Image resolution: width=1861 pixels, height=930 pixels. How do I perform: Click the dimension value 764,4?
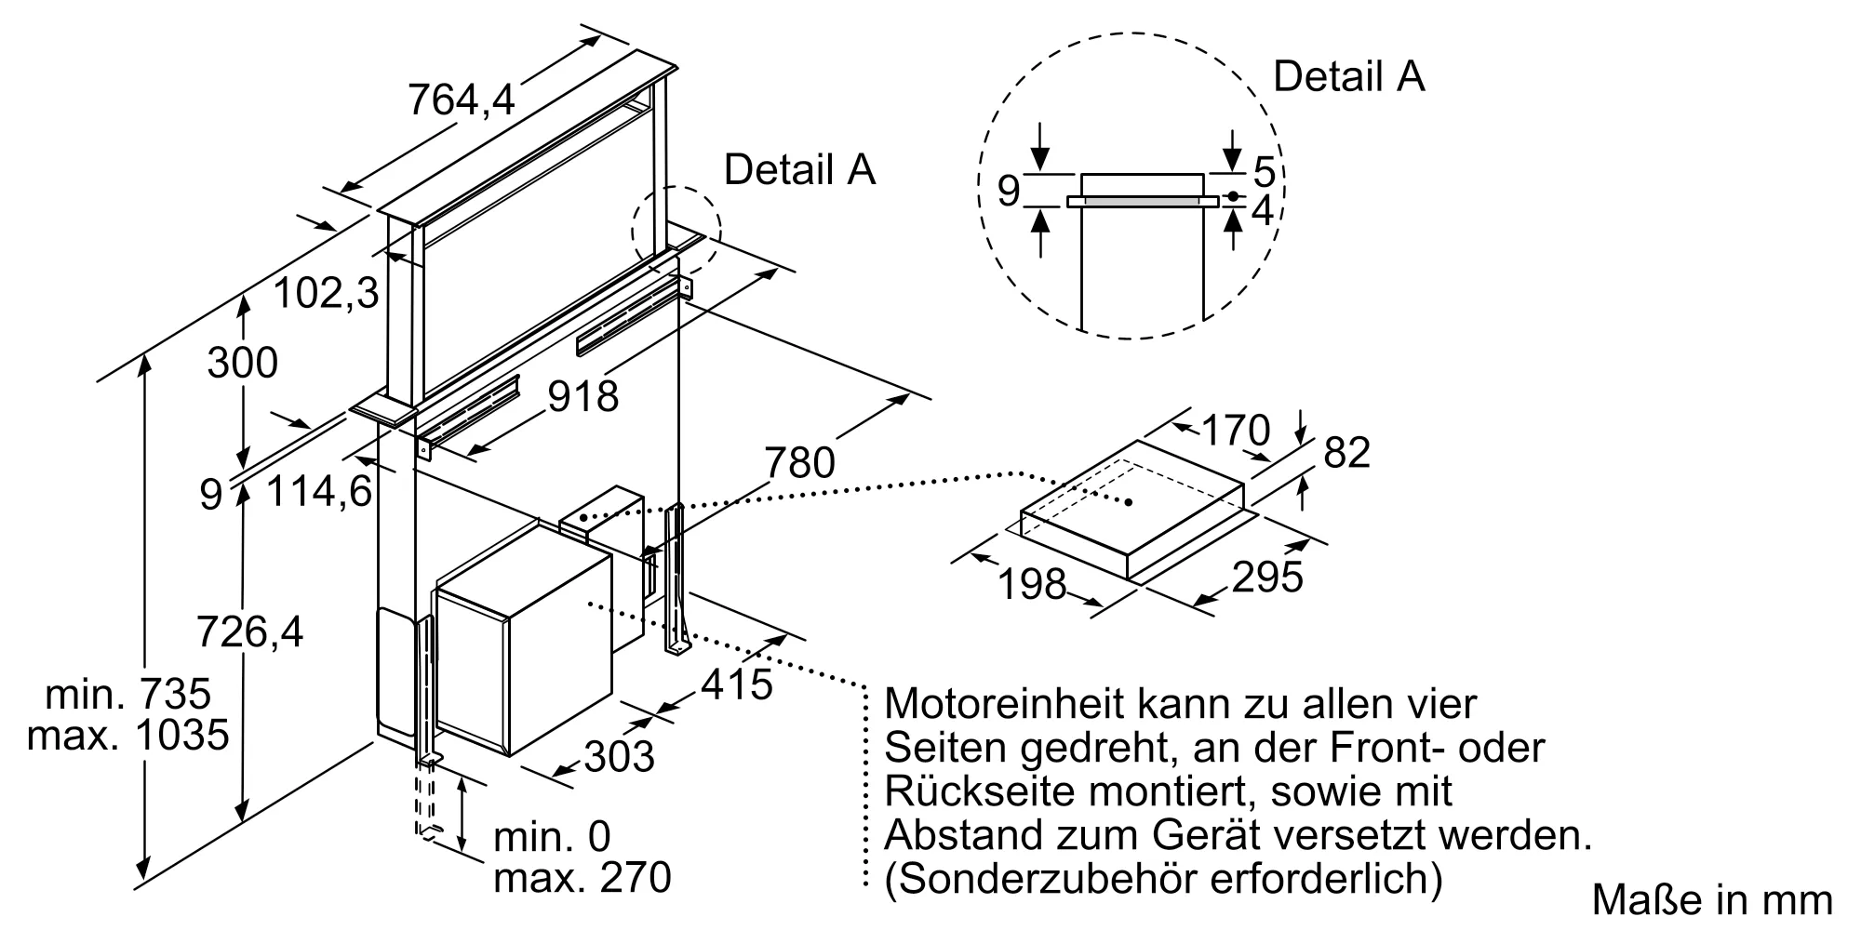pyautogui.click(x=461, y=100)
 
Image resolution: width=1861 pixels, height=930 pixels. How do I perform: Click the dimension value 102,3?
pyautogui.click(x=327, y=294)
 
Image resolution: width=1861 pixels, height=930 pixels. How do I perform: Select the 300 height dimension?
pyautogui.click(x=242, y=363)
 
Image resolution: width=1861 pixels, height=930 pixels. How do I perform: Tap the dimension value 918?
pyautogui.click(x=582, y=397)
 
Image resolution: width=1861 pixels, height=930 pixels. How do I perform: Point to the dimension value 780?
pyautogui.click(x=799, y=462)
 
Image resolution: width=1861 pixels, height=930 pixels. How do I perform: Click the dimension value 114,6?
pyautogui.click(x=319, y=490)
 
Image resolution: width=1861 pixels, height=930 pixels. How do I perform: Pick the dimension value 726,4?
pyautogui.click(x=250, y=632)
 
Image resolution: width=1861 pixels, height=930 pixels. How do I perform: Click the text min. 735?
pyautogui.click(x=128, y=694)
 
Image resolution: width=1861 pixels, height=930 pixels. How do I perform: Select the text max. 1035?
pyautogui.click(x=128, y=736)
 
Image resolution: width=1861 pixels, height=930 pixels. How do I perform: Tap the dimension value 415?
pyautogui.click(x=736, y=685)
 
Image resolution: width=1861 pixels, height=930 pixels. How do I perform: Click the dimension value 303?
pyautogui.click(x=619, y=755)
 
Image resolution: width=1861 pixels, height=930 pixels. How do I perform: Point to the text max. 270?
pyautogui.click(x=582, y=878)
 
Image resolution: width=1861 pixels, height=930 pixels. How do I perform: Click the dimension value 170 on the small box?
pyautogui.click(x=1236, y=430)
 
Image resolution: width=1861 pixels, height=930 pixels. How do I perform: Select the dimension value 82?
pyautogui.click(x=1346, y=453)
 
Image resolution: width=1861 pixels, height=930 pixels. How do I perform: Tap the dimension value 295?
pyautogui.click(x=1266, y=578)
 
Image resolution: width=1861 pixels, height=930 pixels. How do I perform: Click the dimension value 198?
pyautogui.click(x=1031, y=584)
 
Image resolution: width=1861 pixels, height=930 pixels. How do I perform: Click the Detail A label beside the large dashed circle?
pyautogui.click(x=1348, y=76)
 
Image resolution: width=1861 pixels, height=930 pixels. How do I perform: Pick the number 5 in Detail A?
pyautogui.click(x=1264, y=172)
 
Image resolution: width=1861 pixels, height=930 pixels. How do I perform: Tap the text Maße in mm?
pyautogui.click(x=1712, y=899)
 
